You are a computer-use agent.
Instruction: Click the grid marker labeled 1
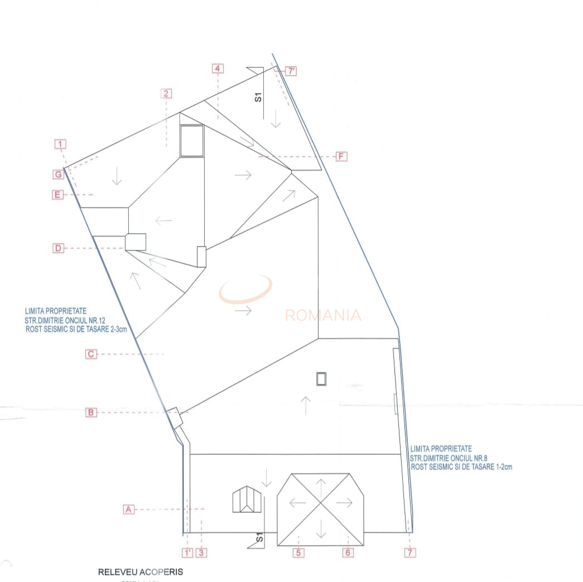pyautogui.click(x=61, y=145)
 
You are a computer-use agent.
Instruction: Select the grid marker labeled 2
pyautogui.click(x=166, y=93)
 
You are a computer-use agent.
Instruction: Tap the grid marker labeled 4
pyautogui.click(x=218, y=69)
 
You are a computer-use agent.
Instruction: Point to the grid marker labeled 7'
pyautogui.click(x=291, y=71)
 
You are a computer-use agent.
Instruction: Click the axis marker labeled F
pyautogui.click(x=341, y=156)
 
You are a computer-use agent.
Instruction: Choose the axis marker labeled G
pyautogui.click(x=58, y=175)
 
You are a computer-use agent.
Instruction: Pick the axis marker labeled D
pyautogui.click(x=58, y=248)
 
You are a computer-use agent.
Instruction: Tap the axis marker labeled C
pyautogui.click(x=91, y=354)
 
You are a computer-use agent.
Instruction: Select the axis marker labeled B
pyautogui.click(x=91, y=412)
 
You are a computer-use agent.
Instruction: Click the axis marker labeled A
pyautogui.click(x=128, y=509)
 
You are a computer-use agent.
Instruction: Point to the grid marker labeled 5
pyautogui.click(x=299, y=552)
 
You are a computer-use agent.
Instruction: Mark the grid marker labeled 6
pyautogui.click(x=347, y=552)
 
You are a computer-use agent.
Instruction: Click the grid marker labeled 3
pyautogui.click(x=202, y=553)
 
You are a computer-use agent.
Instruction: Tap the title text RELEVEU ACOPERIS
pyautogui.click(x=141, y=572)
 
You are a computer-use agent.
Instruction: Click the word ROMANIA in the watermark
pyautogui.click(x=323, y=315)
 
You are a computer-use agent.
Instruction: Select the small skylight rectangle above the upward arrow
pyautogui.click(x=321, y=378)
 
